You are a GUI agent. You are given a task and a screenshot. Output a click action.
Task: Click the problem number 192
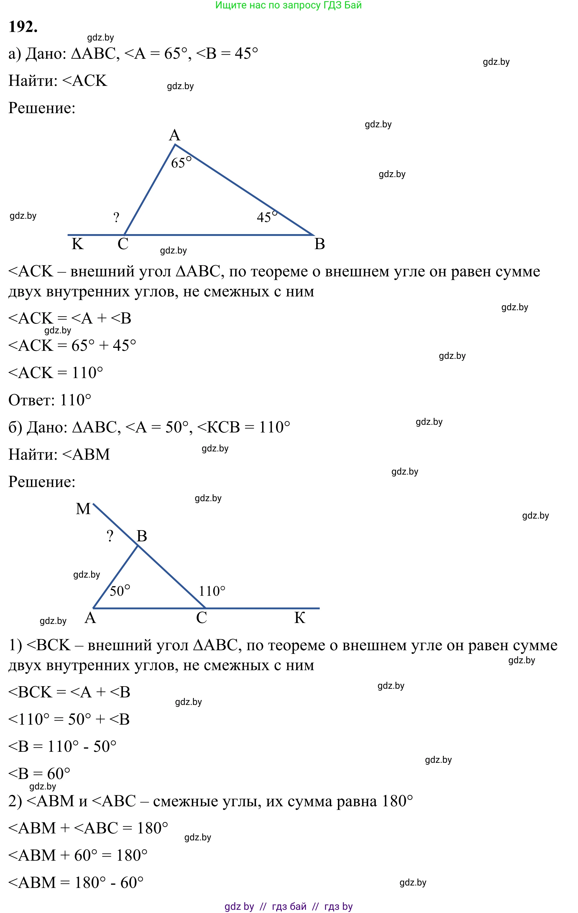coord(23,27)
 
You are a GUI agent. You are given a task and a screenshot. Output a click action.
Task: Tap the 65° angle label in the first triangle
coord(181,162)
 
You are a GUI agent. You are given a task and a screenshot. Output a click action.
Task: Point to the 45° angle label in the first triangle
coord(267,217)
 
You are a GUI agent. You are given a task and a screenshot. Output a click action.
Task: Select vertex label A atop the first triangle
coord(174,135)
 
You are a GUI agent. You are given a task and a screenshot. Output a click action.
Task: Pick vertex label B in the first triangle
coord(319,244)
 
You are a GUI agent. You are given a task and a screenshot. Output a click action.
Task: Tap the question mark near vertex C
coord(116,218)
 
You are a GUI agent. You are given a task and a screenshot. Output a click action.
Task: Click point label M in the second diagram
coord(83,508)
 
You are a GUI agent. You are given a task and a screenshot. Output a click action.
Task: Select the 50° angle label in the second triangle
coord(120,591)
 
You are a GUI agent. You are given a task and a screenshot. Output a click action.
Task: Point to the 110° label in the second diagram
coord(212,591)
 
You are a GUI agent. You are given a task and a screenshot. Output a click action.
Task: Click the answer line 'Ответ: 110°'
coord(50,400)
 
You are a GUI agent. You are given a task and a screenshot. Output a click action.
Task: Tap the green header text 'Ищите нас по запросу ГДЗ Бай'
coord(288,5)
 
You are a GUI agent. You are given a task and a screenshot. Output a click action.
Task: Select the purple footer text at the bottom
coord(288,906)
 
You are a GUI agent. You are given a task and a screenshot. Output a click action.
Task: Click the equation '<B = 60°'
coord(39,774)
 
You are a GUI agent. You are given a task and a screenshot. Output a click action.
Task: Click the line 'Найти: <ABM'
coord(59,454)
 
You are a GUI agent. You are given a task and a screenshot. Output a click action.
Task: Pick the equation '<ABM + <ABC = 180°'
coord(88,828)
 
